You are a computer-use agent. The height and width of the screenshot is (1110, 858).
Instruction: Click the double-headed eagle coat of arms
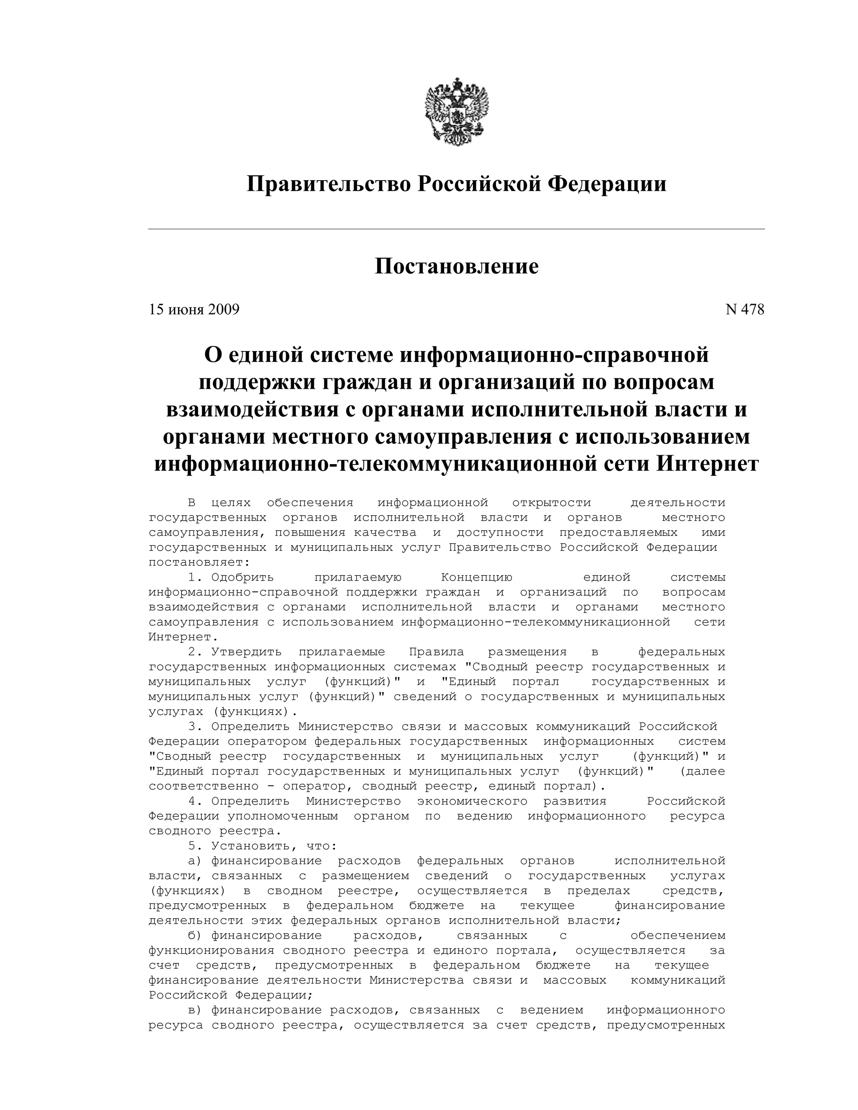click(x=457, y=112)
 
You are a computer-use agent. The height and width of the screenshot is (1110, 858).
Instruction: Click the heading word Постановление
click(x=457, y=266)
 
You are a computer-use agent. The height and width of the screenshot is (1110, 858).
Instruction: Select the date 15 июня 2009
click(x=194, y=310)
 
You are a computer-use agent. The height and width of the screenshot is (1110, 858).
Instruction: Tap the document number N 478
click(x=744, y=310)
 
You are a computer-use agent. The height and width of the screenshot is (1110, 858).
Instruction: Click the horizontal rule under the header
click(x=457, y=229)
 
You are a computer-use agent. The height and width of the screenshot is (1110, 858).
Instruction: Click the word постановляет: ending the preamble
click(x=199, y=563)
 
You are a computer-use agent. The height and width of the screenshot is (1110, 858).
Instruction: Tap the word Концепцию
click(x=476, y=577)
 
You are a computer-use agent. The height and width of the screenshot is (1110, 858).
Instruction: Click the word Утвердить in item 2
click(x=246, y=652)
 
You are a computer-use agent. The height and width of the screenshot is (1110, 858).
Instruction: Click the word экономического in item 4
click(x=472, y=801)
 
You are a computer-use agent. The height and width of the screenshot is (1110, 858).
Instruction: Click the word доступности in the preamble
click(x=500, y=533)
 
